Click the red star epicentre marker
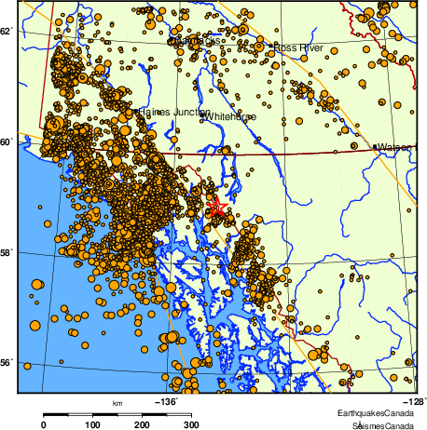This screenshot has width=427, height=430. pos(215,207)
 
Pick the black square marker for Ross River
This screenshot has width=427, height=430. pos(271,46)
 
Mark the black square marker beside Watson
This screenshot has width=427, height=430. pos(375,147)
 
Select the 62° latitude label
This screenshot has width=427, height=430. pos(7,32)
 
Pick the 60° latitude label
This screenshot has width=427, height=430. pos(7,141)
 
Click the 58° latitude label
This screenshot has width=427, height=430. pos(7,252)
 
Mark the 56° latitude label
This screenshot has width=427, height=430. pos(7,363)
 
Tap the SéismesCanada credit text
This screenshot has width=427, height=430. pos(379,424)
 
